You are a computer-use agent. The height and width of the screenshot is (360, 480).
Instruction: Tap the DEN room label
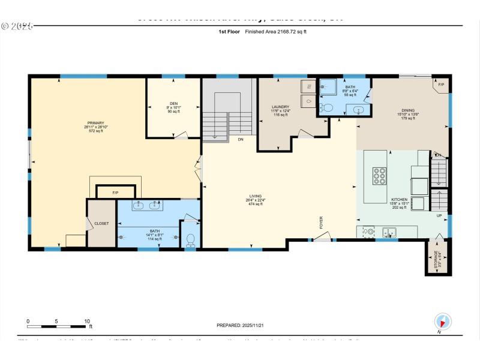pos(173,104)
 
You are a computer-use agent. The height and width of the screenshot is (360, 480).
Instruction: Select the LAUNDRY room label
pos(281,107)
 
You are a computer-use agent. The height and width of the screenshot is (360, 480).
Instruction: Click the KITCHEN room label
pos(400,199)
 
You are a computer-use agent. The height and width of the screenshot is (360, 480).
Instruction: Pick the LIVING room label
pos(256,196)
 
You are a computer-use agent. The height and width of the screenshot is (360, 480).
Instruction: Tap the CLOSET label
pos(102,223)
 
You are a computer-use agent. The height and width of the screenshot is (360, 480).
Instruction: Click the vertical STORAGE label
pos(436,259)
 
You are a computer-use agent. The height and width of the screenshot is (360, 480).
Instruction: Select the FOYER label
pos(322,223)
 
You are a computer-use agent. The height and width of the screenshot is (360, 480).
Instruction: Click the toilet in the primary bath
pos(191,239)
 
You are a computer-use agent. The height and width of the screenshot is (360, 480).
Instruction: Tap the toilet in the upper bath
pos(328,108)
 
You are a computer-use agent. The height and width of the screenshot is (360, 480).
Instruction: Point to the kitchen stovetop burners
pos(379,176)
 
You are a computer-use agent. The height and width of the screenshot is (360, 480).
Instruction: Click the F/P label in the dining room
pos(441,85)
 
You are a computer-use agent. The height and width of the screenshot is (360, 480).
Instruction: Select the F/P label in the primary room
pos(115,193)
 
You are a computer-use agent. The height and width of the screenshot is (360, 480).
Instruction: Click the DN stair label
pos(240,140)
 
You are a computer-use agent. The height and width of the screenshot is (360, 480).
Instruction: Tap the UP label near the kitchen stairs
pos(439,215)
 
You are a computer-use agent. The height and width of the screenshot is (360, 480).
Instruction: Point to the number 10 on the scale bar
pos(87,321)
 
